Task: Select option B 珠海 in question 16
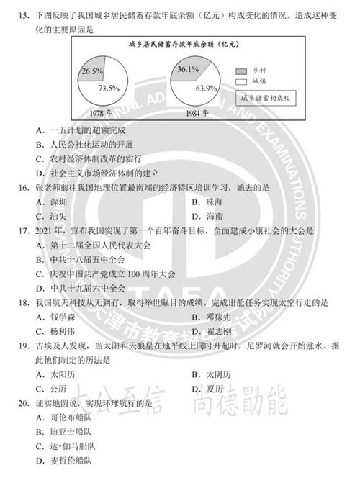(x=209, y=202)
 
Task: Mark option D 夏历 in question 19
(x=209, y=389)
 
